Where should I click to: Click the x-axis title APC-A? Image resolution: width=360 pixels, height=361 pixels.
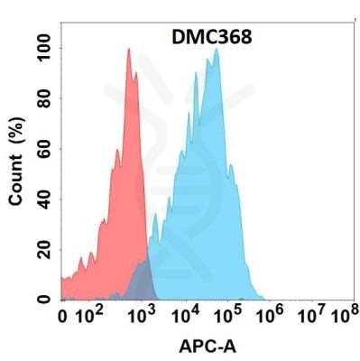click(208, 346)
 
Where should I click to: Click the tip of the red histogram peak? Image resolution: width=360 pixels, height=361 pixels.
click(129, 50)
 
